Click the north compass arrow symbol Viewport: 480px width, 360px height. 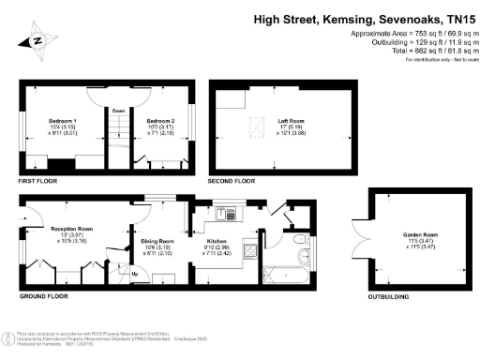(x=35, y=40)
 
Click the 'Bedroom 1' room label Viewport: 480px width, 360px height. (x=62, y=122)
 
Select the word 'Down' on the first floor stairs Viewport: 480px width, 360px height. (x=119, y=111)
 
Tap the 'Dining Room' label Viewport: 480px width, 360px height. (x=158, y=241)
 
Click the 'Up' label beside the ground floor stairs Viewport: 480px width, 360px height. (x=134, y=274)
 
